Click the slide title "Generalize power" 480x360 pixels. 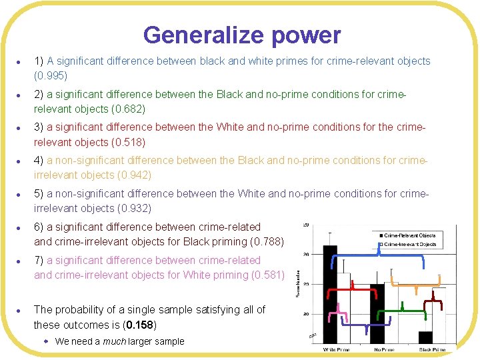(241, 35)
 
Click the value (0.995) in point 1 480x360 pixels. (51, 75)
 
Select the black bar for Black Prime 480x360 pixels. (425, 337)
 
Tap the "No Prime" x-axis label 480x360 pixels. (385, 349)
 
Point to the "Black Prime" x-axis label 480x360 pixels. (431, 349)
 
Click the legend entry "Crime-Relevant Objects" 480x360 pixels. (411, 235)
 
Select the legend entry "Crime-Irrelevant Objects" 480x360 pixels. (411, 244)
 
